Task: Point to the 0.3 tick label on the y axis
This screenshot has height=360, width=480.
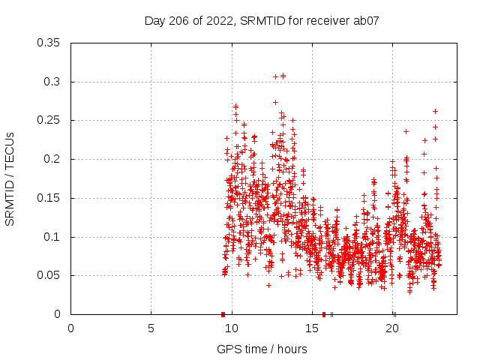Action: point(55,82)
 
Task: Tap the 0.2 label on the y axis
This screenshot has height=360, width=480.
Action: point(55,159)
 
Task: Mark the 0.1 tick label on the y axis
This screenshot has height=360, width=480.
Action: point(55,237)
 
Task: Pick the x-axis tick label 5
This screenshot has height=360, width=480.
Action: point(151,328)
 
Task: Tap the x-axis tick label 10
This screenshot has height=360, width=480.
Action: point(232,328)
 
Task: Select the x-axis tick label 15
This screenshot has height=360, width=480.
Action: point(312,328)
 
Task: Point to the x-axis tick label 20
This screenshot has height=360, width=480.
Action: point(392,328)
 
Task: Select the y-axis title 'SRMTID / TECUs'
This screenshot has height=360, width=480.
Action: point(10,178)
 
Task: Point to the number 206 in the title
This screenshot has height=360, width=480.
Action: point(180,21)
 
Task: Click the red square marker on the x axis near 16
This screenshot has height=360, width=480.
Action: point(324,314)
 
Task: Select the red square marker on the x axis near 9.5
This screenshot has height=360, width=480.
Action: point(223,314)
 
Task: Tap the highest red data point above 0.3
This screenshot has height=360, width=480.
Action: point(283,76)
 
